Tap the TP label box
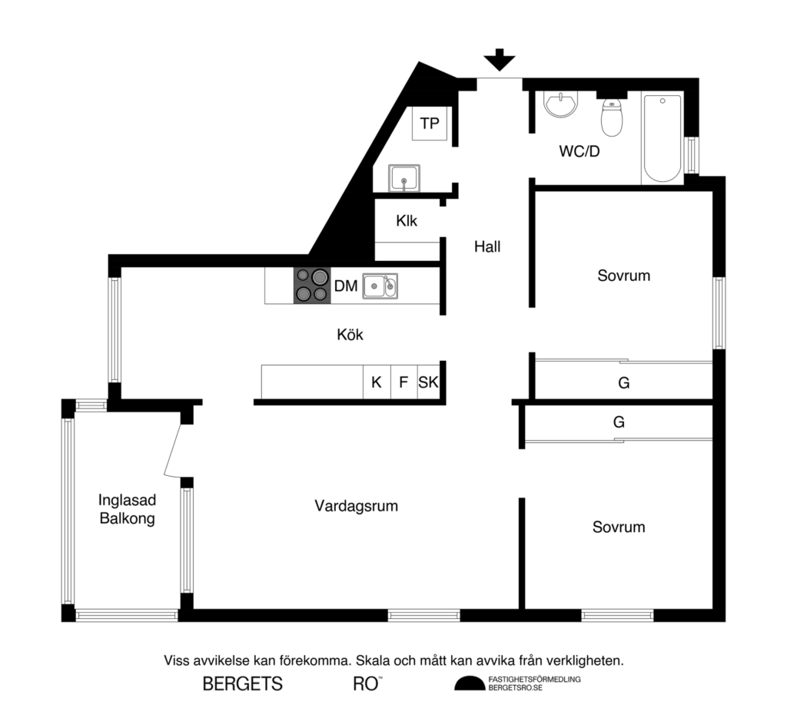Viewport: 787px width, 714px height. click(x=430, y=123)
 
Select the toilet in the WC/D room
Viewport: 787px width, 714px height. click(x=612, y=117)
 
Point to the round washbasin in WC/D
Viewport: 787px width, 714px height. click(x=561, y=104)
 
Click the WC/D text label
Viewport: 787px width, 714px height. click(x=579, y=151)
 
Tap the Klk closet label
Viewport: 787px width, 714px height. click(x=407, y=221)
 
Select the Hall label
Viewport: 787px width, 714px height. click(x=487, y=246)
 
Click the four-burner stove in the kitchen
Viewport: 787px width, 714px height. click(x=311, y=285)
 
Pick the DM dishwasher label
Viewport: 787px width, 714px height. click(x=345, y=286)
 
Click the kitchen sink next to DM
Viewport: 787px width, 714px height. click(x=380, y=286)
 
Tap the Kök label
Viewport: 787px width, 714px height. click(x=350, y=335)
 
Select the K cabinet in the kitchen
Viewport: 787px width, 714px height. click(x=376, y=382)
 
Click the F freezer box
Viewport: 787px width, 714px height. click(x=403, y=382)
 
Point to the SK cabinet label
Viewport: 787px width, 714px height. click(x=428, y=382)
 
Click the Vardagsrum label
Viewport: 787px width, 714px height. click(x=356, y=506)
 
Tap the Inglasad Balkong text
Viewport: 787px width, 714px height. click(x=127, y=509)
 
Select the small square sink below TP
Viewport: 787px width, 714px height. click(x=403, y=178)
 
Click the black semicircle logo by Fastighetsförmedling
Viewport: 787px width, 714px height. click(x=470, y=683)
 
